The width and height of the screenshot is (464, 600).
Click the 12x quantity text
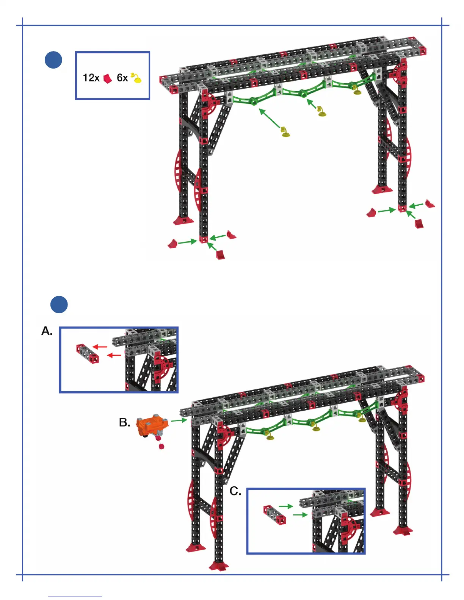(91, 78)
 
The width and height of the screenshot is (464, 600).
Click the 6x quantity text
(122, 78)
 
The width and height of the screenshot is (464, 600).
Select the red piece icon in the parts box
(108, 78)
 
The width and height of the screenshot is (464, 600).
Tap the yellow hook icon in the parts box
(136, 78)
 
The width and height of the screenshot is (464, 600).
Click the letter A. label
(47, 331)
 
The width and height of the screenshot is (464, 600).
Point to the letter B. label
(124, 423)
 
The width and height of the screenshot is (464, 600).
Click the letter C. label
(235, 492)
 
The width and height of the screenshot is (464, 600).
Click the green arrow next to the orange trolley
(179, 420)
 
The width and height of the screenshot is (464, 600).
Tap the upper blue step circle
(53, 60)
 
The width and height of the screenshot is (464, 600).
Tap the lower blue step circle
(59, 305)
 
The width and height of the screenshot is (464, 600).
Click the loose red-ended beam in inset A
(88, 353)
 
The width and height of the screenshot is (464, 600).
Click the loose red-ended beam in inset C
(274, 515)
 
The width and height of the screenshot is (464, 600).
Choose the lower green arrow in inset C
(300, 515)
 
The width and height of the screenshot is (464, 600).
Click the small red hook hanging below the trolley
(161, 447)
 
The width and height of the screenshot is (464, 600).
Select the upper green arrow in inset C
(286, 506)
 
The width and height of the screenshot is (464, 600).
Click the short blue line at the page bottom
(75, 597)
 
